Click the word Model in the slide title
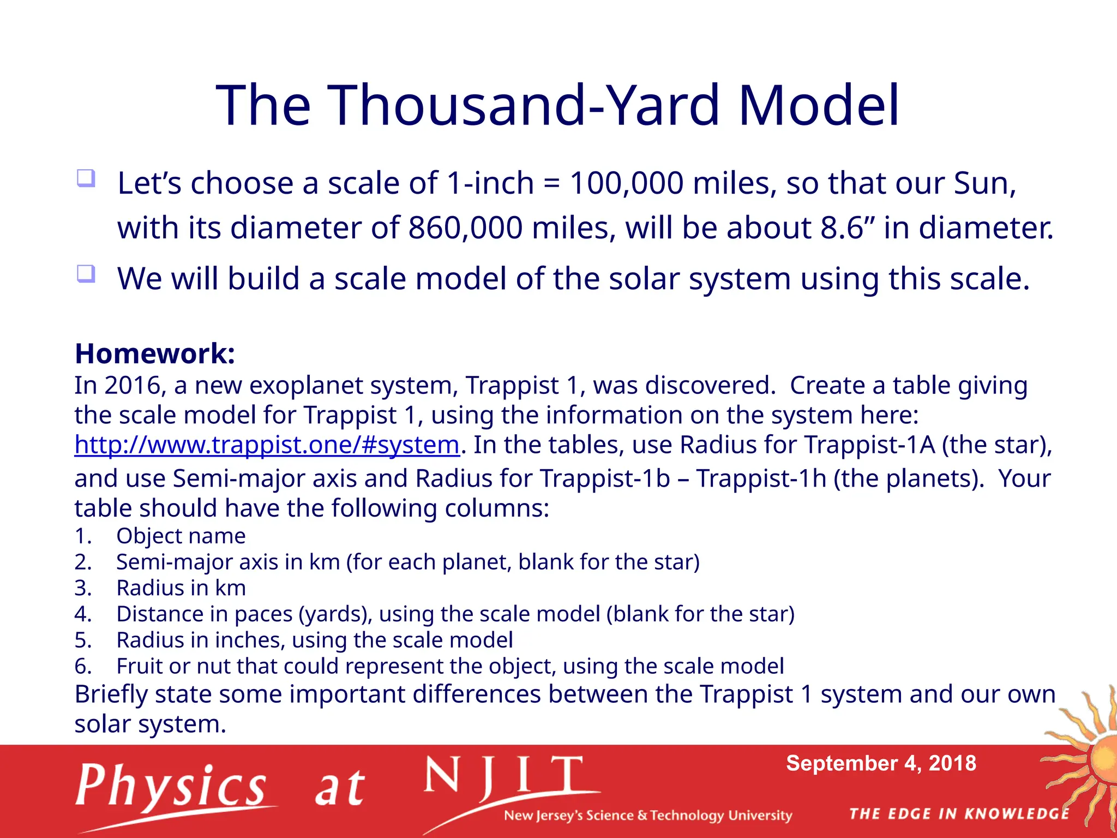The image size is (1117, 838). (818, 105)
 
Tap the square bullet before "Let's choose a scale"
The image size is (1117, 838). (86, 178)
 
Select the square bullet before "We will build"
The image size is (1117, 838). (86, 273)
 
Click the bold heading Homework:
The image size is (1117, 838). (155, 354)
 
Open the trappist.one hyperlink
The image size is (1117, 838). (267, 445)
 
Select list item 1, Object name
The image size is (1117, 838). (181, 536)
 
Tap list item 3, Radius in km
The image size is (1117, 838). (181, 588)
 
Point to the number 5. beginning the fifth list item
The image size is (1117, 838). (83, 640)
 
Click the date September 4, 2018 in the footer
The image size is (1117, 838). (880, 763)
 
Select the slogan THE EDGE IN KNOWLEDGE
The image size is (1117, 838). (959, 814)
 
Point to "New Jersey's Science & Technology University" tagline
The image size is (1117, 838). (647, 816)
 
